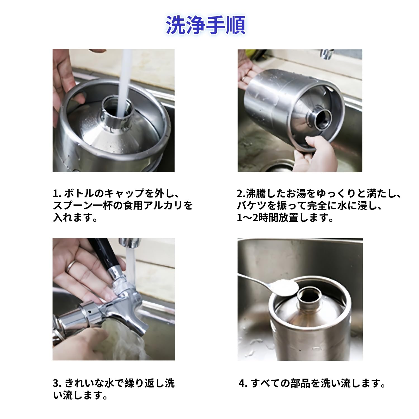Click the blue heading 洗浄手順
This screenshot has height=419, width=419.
point(206,25)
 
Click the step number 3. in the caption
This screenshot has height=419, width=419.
point(57,383)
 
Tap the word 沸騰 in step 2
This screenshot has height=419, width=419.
point(256,194)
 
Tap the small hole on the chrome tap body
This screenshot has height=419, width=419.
point(90,311)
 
